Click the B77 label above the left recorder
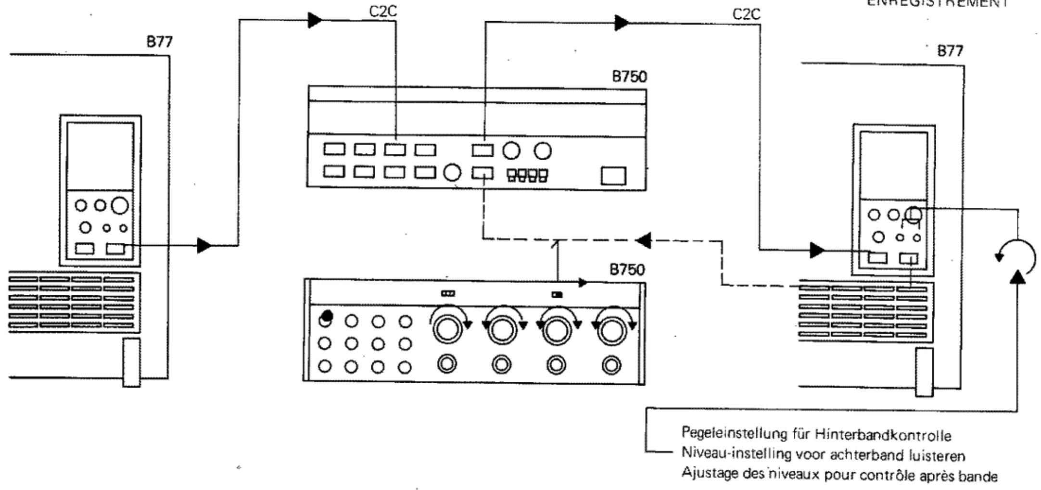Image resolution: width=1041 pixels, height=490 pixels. coord(159,42)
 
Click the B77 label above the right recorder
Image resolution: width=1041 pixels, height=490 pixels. coord(950,51)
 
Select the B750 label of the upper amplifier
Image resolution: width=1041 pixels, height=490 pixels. coord(629,77)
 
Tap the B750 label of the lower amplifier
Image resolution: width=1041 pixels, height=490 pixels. coord(627,270)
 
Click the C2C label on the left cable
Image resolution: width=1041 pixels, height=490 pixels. coord(383,12)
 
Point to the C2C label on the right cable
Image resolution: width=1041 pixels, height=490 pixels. coord(747,14)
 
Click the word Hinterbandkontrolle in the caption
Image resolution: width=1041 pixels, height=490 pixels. coord(883,435)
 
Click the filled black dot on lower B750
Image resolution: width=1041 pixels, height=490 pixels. coord(327,316)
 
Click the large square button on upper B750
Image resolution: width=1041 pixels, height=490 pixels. coord(613,176)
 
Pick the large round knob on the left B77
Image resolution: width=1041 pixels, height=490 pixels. coord(120,206)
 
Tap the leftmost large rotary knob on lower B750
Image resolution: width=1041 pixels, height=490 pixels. coord(447,329)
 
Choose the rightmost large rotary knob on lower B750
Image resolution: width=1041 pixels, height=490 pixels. coord(611,330)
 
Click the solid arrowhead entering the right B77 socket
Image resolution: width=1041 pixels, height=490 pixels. coord(816,250)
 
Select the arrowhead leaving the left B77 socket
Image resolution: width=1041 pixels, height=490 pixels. coord(204,246)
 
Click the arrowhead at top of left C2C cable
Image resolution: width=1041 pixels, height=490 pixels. coord(315,20)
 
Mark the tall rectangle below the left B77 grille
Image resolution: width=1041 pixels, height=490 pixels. coord(131,362)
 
